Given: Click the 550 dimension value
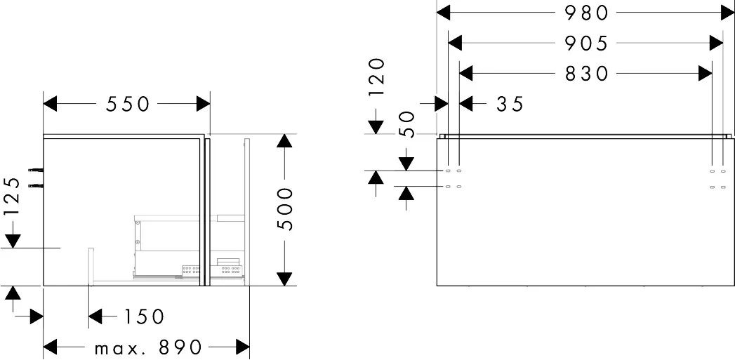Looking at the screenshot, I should (128, 104).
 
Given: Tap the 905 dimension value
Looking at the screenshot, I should (586, 43).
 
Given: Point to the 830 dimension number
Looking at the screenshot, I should (586, 73).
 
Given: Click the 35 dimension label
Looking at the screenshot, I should (510, 104).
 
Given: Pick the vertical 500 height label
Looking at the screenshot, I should (284, 209).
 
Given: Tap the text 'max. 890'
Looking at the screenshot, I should (149, 347).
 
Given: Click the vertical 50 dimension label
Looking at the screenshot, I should (407, 124).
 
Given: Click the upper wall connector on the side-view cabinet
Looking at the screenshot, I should (34, 170).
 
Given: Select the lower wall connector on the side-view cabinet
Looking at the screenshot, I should (34, 185).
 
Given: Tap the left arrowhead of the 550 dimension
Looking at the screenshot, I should (51, 104).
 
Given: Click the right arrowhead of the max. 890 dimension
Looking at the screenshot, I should (243, 347).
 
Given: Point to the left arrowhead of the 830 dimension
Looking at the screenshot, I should (466, 73).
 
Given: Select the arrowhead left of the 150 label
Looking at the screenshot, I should (96, 316).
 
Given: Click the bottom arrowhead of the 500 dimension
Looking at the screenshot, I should (284, 279).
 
